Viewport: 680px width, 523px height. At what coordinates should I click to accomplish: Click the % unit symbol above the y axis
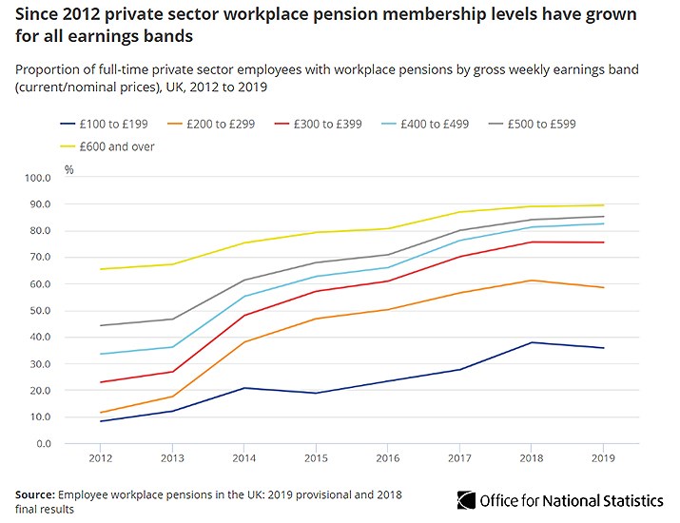[68, 169]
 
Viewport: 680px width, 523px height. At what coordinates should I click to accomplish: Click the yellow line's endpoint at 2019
[603, 205]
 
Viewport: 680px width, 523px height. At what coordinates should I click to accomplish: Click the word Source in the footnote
[34, 494]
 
